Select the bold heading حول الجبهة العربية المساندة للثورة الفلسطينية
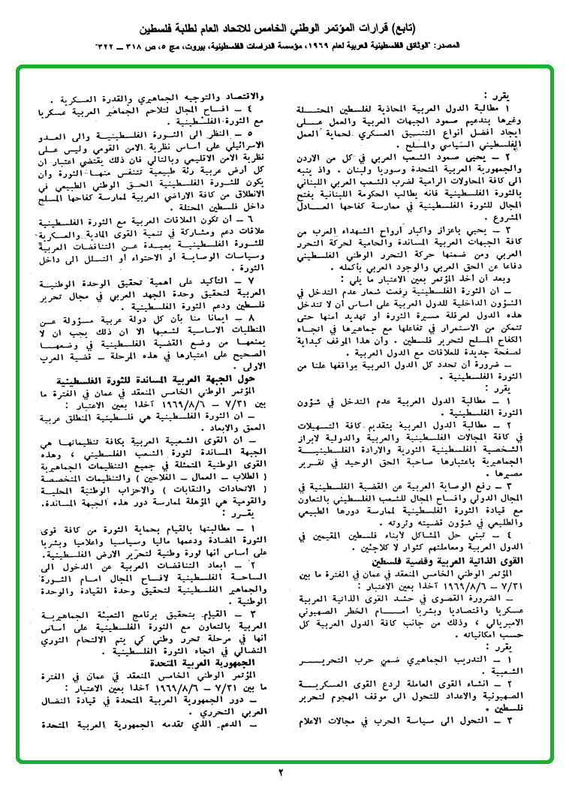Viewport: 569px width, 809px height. click(168, 380)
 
